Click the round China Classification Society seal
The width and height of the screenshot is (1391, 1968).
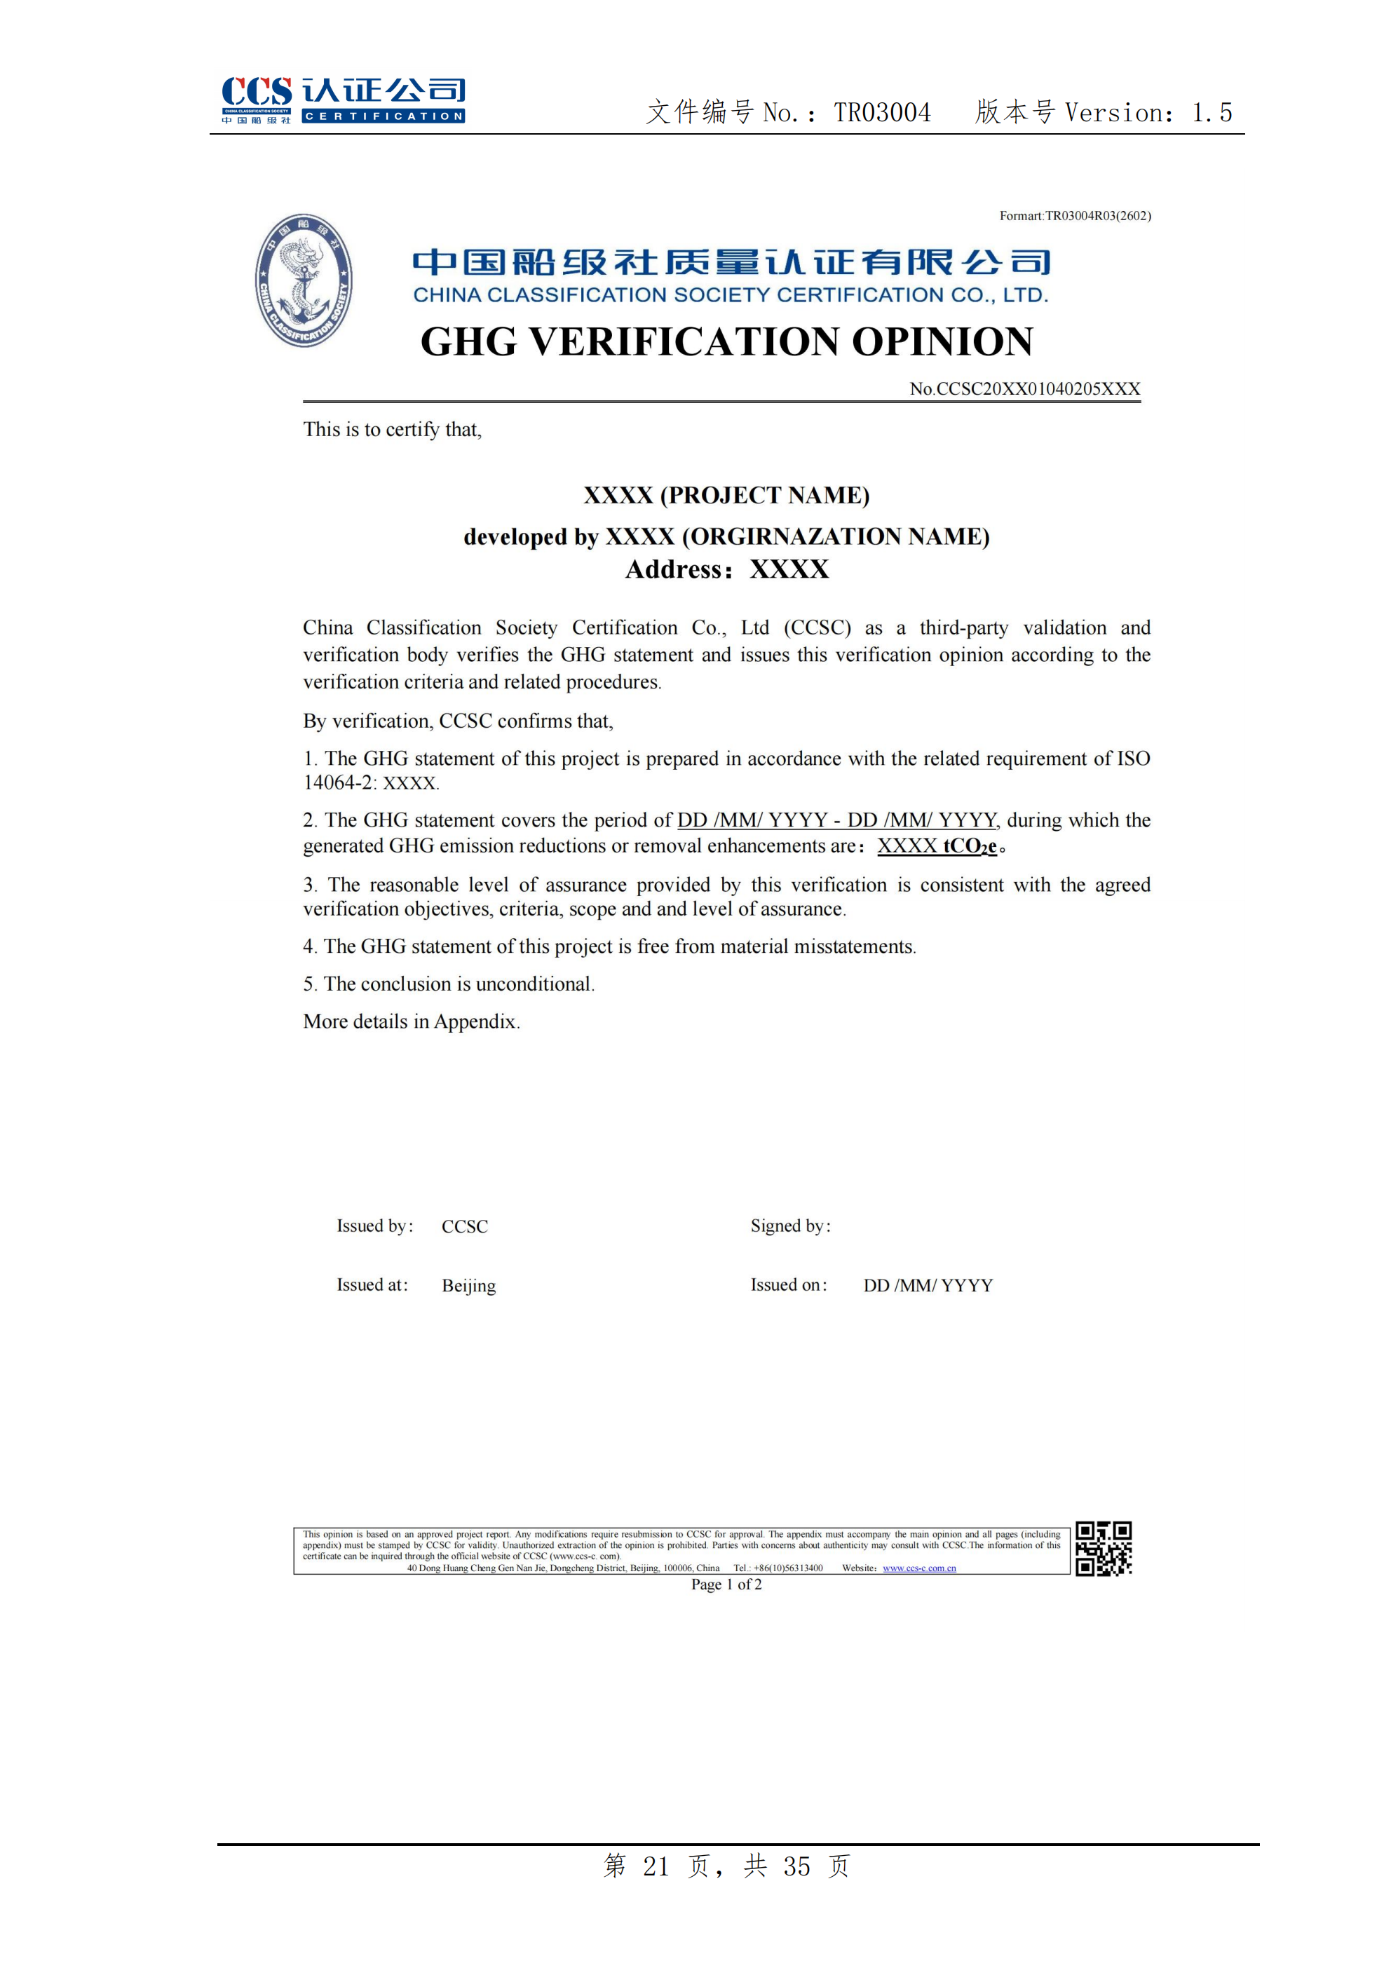point(304,280)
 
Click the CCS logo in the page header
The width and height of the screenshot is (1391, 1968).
point(343,100)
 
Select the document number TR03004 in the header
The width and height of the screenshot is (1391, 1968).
point(882,112)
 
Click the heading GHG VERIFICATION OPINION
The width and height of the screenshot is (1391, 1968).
point(727,341)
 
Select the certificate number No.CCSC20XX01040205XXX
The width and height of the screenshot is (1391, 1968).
point(1024,388)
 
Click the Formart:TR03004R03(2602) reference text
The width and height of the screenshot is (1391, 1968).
point(1075,216)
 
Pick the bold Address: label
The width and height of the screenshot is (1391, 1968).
point(679,569)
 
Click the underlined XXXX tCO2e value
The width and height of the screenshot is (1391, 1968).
point(937,846)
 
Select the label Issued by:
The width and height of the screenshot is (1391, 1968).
point(374,1226)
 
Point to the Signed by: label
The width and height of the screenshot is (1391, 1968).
point(790,1226)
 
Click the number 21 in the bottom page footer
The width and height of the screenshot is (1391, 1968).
point(656,1866)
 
